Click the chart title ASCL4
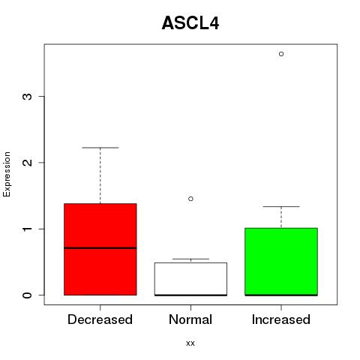(x=190, y=23)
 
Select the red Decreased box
(x=100, y=249)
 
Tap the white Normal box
(x=190, y=279)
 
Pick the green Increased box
(x=281, y=262)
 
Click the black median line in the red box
(x=100, y=248)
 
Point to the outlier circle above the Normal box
(x=190, y=199)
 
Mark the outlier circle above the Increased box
(x=281, y=54)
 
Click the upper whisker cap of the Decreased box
(x=100, y=148)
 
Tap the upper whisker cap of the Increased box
(x=281, y=206)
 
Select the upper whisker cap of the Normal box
(x=190, y=259)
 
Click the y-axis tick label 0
(x=27, y=295)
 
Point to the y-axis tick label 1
(x=27, y=229)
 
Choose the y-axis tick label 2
(x=27, y=163)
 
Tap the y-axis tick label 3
(x=27, y=96)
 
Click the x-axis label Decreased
(x=100, y=319)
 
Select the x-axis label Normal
(x=190, y=319)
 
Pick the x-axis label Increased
(x=281, y=319)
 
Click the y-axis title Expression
(x=7, y=174)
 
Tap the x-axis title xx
(x=190, y=343)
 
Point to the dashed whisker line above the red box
(x=100, y=175)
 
